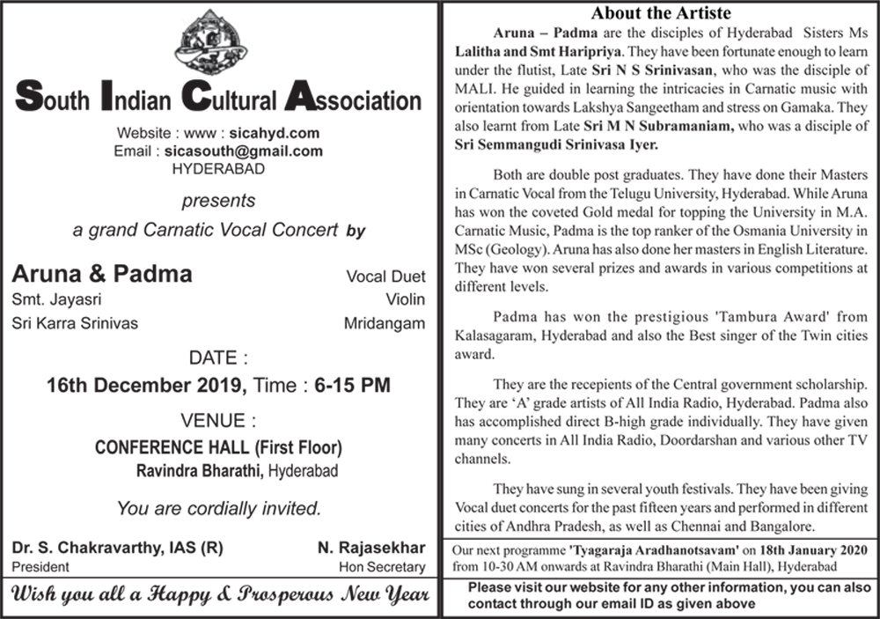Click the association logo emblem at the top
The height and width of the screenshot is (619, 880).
[x=219, y=41]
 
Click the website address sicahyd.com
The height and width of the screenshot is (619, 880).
[x=272, y=134]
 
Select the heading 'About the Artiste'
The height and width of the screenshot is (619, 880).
[x=660, y=13]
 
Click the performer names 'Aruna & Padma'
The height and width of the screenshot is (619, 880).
[x=102, y=274]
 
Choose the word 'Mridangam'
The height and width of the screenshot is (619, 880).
[x=384, y=323]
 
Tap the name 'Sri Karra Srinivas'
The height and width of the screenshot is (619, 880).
[x=75, y=323]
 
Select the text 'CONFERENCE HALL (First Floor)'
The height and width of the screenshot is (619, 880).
[x=218, y=446]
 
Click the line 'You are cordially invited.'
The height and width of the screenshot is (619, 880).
[x=218, y=508]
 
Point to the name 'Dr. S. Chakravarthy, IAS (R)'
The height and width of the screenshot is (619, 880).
[x=117, y=549]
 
